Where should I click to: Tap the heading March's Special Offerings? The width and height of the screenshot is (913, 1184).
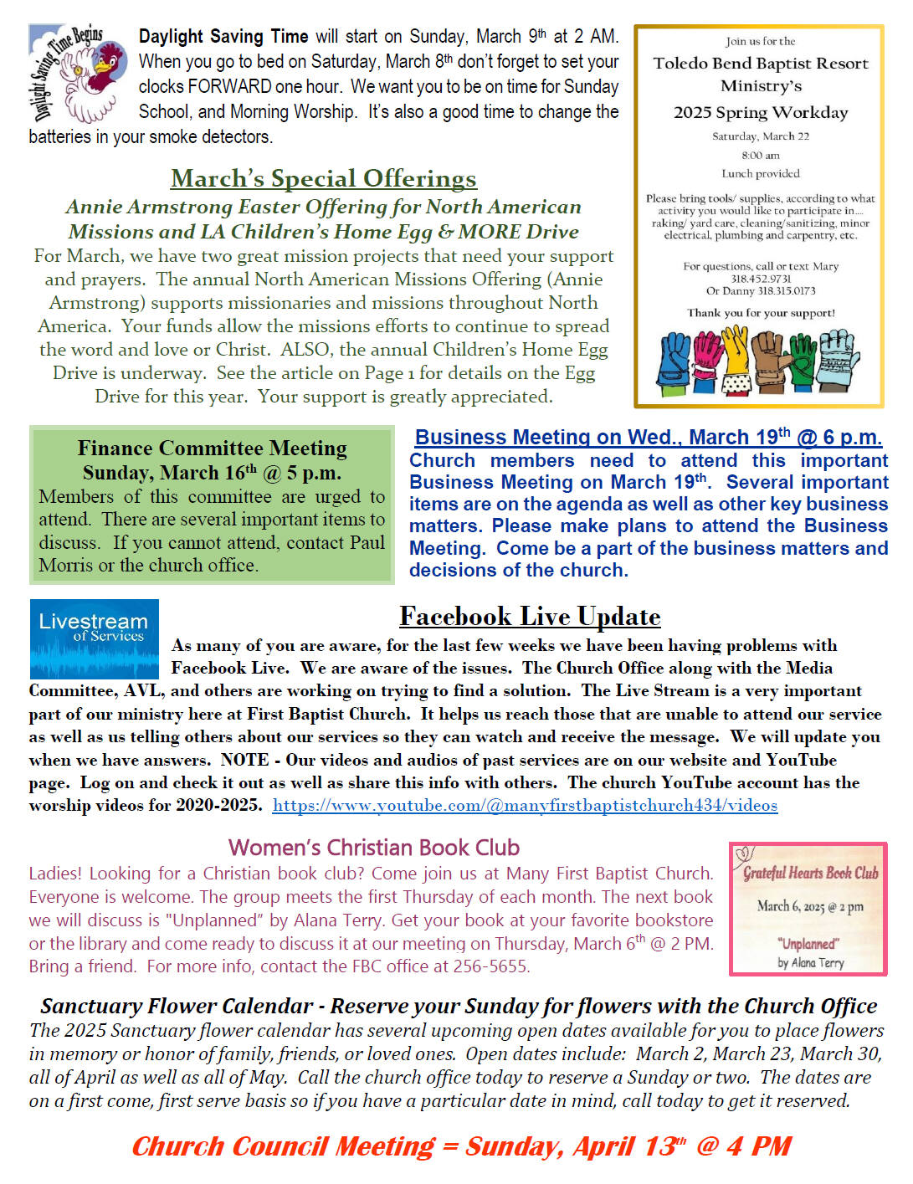coord(323,178)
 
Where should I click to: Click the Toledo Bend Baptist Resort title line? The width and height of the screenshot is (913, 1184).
coord(760,64)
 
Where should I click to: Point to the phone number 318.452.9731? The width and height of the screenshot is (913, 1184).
coord(760,279)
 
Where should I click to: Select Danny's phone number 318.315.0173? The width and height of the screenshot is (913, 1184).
coord(787,291)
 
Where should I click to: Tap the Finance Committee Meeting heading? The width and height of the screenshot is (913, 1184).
coord(212,448)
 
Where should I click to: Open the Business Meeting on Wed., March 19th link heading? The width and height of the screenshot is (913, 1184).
coord(648,437)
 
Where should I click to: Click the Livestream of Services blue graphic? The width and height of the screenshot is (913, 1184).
coord(94,638)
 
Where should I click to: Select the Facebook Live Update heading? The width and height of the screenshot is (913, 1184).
coord(530,617)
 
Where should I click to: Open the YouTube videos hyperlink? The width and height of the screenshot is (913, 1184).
coord(525,805)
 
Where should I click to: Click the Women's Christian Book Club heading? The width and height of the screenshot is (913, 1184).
coord(373,848)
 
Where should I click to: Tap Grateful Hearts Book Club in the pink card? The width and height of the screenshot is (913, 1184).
coord(810,873)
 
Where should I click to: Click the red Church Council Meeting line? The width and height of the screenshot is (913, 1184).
coord(461,1146)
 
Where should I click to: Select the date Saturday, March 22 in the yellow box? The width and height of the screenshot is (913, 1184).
coord(760,136)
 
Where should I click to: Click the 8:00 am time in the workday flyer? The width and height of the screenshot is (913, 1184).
coord(760,155)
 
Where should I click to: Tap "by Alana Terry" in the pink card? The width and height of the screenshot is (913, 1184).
coord(810,962)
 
